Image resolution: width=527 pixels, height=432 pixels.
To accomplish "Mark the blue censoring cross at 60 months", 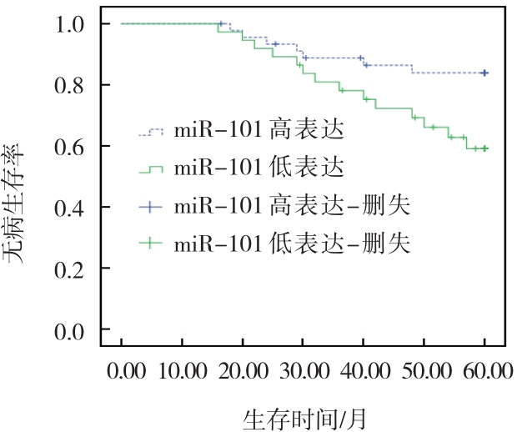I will pos(484,73).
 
